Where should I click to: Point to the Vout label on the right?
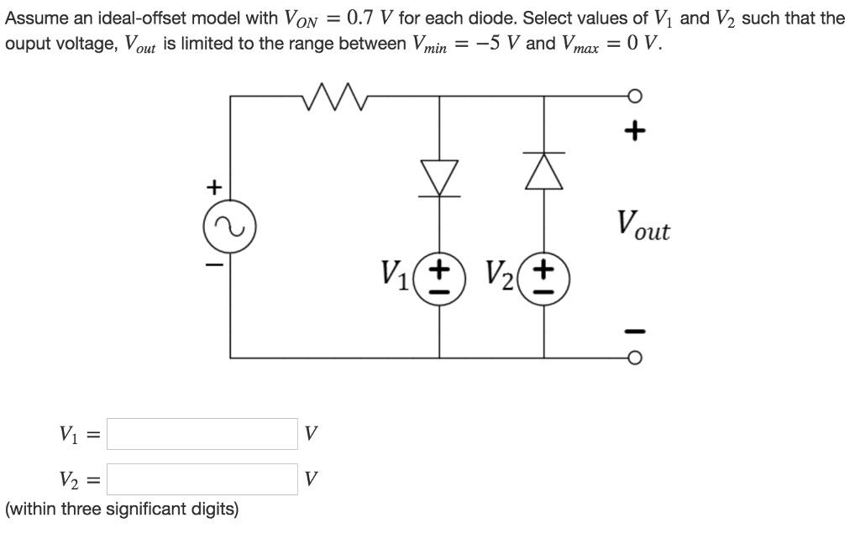click(x=642, y=224)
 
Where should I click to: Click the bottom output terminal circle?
click(x=636, y=357)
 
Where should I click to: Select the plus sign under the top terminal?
click(x=636, y=131)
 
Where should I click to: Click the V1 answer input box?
click(x=202, y=434)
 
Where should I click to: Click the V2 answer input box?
click(x=202, y=479)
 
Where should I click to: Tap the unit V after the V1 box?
click(x=311, y=435)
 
